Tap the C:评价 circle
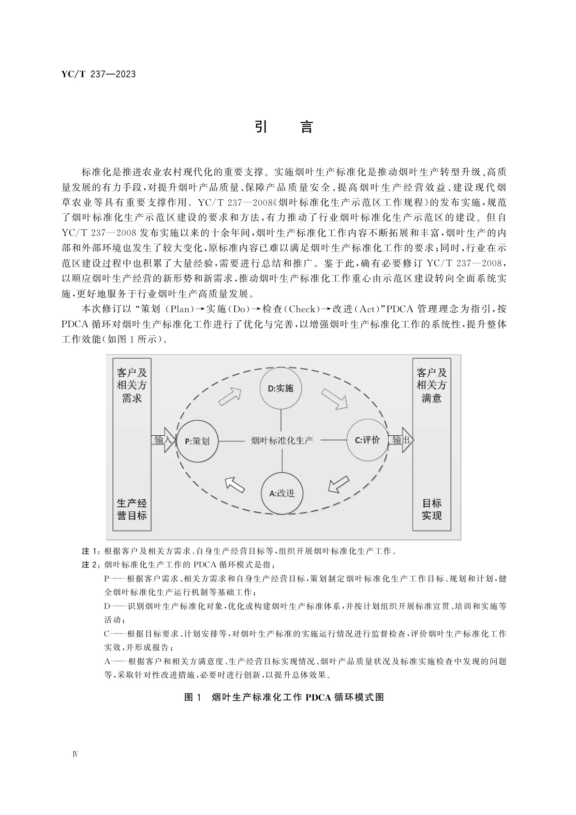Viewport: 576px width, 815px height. [367, 440]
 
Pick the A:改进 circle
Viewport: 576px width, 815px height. [281, 493]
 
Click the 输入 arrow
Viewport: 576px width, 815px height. [163, 440]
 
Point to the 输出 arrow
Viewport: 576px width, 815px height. [401, 440]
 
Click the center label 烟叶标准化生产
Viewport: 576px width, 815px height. [282, 440]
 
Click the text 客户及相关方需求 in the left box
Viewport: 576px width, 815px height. [132, 385]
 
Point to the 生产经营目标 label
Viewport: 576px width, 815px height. [132, 509]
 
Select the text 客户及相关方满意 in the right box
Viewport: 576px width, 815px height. [431, 385]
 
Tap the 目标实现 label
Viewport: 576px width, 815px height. [431, 509]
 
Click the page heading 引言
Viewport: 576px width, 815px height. [284, 127]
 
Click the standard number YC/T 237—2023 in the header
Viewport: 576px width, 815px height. [99, 74]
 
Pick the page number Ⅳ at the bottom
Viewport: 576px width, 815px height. [75, 755]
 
